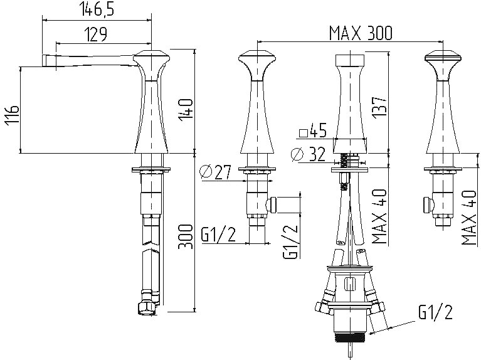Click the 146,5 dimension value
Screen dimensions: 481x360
98,9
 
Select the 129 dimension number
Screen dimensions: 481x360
96,34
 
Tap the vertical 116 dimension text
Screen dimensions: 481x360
12,115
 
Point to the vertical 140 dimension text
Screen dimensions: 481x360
186,110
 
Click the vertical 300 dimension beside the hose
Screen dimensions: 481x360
186,236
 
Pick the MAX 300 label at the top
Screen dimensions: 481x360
361,33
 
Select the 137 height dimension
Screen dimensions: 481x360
379,107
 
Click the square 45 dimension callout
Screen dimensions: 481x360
312,131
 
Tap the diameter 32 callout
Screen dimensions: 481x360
308,154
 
